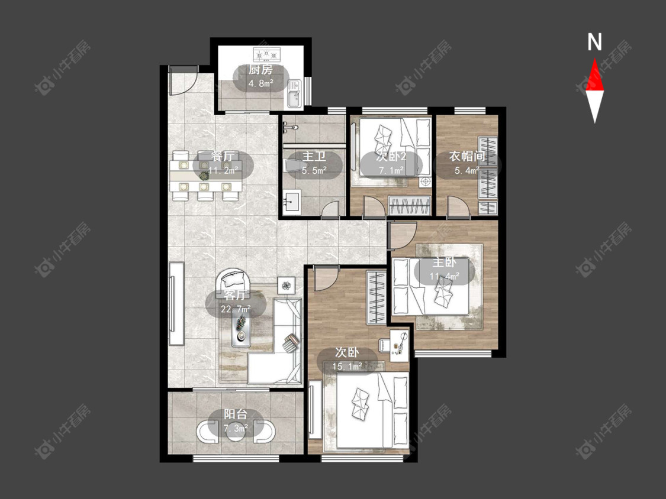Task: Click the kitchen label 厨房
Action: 260,70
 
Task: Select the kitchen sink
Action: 294,94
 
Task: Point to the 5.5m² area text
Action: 314,171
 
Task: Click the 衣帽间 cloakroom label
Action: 467,156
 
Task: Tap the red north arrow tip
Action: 594,59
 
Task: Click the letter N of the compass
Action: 594,42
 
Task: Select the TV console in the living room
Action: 176,303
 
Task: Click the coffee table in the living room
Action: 242,329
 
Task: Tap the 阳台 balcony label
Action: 235,414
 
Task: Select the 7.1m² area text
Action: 391,171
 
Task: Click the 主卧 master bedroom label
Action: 444,263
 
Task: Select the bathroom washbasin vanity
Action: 291,203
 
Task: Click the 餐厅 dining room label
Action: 222,156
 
